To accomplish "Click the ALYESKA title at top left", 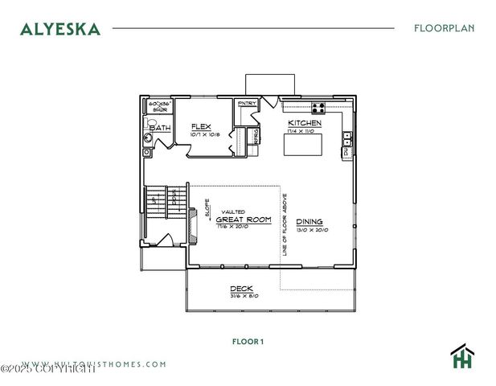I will click(60, 29).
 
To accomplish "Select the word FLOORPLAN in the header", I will click(444, 28).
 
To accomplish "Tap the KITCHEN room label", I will click(305, 123).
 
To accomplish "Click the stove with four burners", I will click(318, 106).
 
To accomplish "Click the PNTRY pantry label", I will click(246, 104).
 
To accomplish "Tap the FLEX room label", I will click(201, 126).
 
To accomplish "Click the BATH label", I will click(160, 128).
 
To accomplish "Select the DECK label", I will click(242, 289).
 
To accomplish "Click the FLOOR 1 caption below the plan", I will click(248, 341).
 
